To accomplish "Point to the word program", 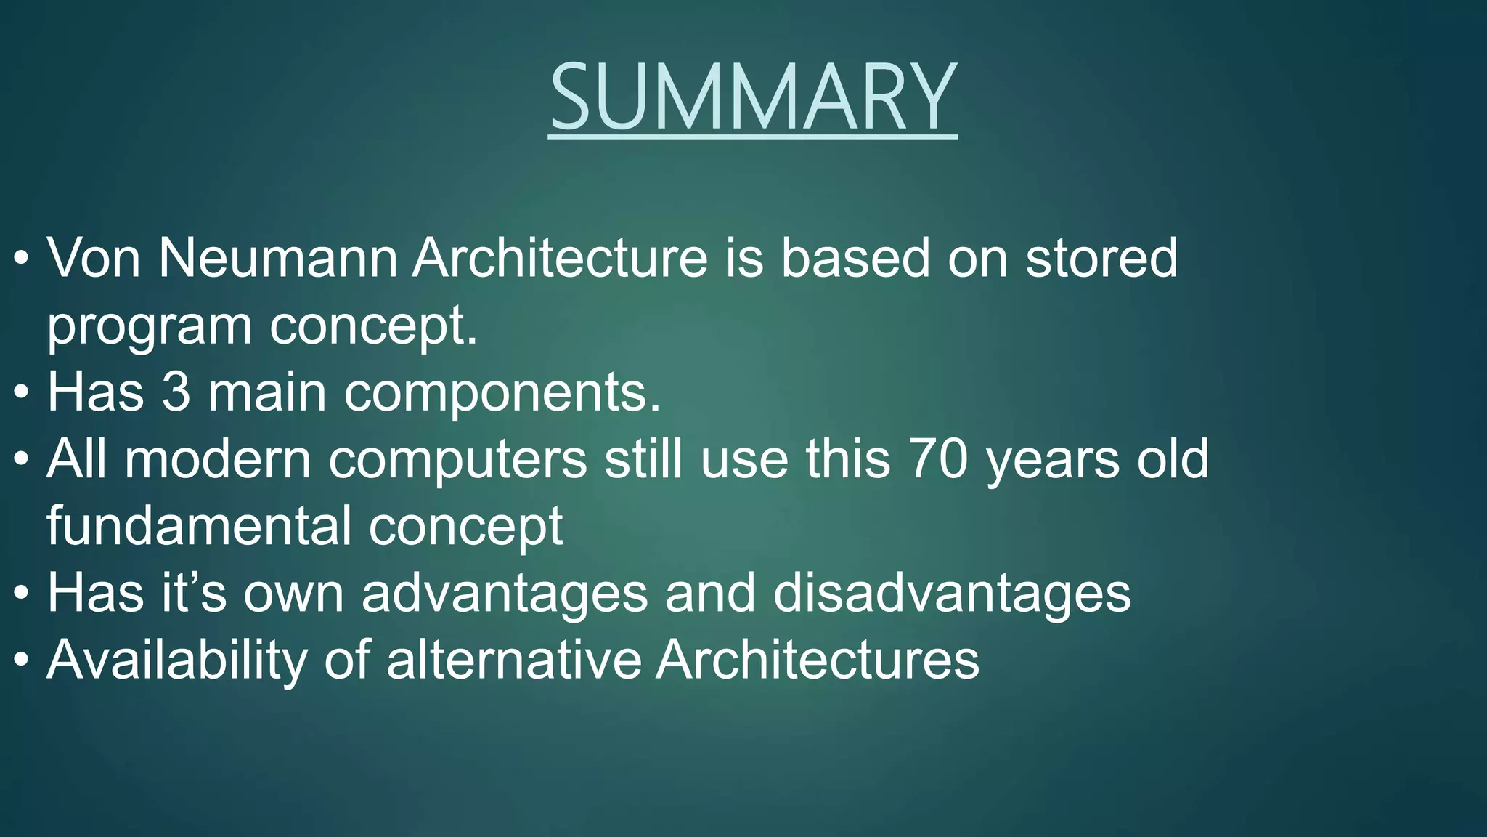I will point(149,327).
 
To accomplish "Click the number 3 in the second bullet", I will point(176,392).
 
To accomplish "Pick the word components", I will point(502,392).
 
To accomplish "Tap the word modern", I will point(218,459).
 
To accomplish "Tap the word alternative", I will point(514,660).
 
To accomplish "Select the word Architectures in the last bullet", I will point(817,660).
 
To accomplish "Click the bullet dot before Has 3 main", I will point(22,393).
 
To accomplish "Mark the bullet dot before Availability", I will point(22,660).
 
